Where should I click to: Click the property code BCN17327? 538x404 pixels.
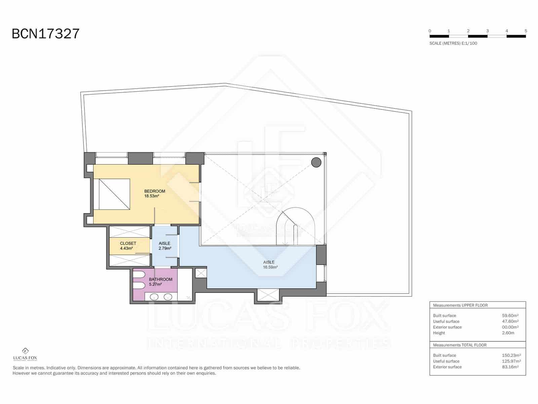tap(46, 34)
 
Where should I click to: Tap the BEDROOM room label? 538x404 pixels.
tap(155, 191)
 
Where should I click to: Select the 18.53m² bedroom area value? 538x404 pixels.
tap(152, 196)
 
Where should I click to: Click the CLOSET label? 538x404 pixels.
tap(128, 243)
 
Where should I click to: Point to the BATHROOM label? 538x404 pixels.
tap(161, 279)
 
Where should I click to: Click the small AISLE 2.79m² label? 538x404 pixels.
tap(165, 246)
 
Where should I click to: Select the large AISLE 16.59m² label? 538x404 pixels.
tap(270, 265)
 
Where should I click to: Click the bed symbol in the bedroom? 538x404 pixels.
tap(114, 194)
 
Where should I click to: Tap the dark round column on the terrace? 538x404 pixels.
tap(316, 163)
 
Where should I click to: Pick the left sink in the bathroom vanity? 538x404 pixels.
tap(154, 297)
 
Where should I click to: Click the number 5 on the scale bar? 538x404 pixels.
tap(526, 31)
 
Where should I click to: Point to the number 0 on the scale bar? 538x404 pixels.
tap(430, 31)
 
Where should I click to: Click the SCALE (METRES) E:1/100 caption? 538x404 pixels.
tap(453, 43)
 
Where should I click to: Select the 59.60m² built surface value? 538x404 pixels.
tap(510, 316)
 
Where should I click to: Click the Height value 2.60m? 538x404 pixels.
tap(508, 333)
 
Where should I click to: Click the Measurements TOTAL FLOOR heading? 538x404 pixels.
tap(460, 345)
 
